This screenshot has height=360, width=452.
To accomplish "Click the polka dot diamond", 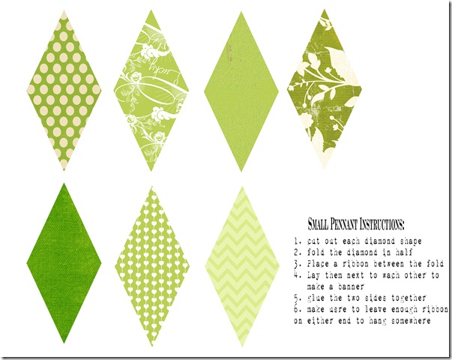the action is click(x=64, y=90).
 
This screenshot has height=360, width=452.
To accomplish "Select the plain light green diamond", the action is click(x=241, y=91).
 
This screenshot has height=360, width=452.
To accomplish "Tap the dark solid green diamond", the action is click(x=64, y=263).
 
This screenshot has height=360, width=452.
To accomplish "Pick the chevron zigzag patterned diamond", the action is click(x=242, y=266).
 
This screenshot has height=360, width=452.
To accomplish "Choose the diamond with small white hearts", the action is click(x=152, y=266).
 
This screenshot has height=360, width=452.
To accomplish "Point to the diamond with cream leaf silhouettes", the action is click(x=325, y=88).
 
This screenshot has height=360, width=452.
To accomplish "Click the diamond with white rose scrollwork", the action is click(x=151, y=91).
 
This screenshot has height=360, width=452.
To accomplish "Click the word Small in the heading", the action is click(x=318, y=224).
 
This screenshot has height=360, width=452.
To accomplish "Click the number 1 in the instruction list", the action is click(x=296, y=241).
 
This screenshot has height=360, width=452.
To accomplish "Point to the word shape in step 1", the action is click(x=411, y=241).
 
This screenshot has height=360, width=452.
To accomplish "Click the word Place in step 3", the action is click(x=318, y=264).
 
